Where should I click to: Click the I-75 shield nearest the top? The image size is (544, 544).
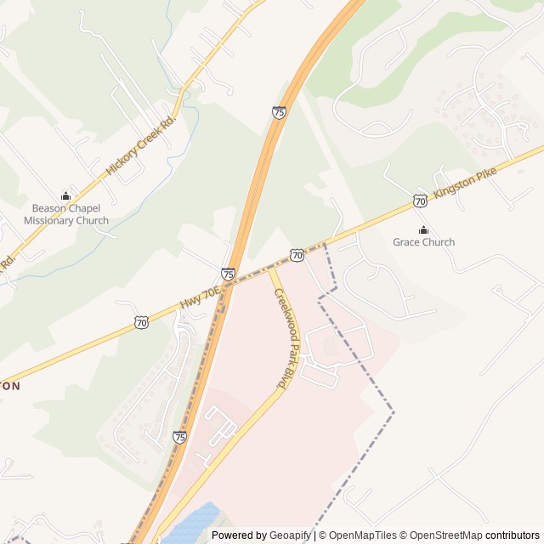pyautogui.click(x=279, y=111)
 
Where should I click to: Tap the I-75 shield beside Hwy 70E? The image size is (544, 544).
pyautogui.click(x=228, y=274)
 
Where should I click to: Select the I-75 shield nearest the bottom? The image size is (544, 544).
pyautogui.click(x=179, y=437)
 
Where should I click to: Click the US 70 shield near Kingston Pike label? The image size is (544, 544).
pyautogui.click(x=420, y=201)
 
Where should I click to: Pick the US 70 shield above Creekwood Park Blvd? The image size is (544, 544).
pyautogui.click(x=296, y=255)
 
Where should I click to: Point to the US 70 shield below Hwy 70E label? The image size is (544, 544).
pyautogui.click(x=142, y=322)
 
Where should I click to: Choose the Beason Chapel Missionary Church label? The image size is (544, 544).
pyautogui.click(x=66, y=214)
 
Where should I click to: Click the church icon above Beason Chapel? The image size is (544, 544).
pyautogui.click(x=66, y=196)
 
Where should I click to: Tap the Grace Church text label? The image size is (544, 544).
pyautogui.click(x=423, y=242)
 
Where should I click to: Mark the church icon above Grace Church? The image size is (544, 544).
pyautogui.click(x=423, y=229)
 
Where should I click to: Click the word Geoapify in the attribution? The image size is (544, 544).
pyautogui.click(x=291, y=535)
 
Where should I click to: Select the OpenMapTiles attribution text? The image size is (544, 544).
pyautogui.click(x=363, y=535)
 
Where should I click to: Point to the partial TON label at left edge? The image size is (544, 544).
pyautogui.click(x=10, y=385)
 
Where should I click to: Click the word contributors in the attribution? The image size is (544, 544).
pyautogui.click(x=513, y=535)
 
